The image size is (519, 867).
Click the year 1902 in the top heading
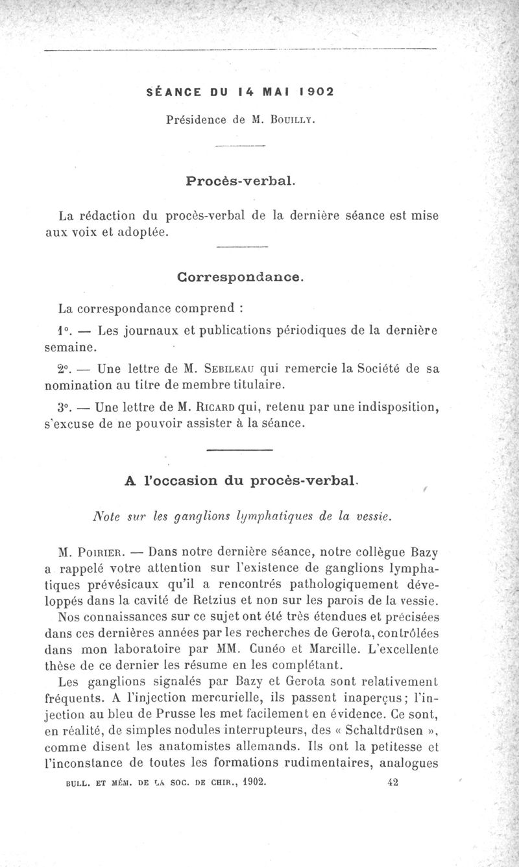pyautogui.click(x=314, y=91)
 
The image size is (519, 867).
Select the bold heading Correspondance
pyautogui.click(x=240, y=277)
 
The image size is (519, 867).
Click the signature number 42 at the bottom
pyautogui.click(x=392, y=782)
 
